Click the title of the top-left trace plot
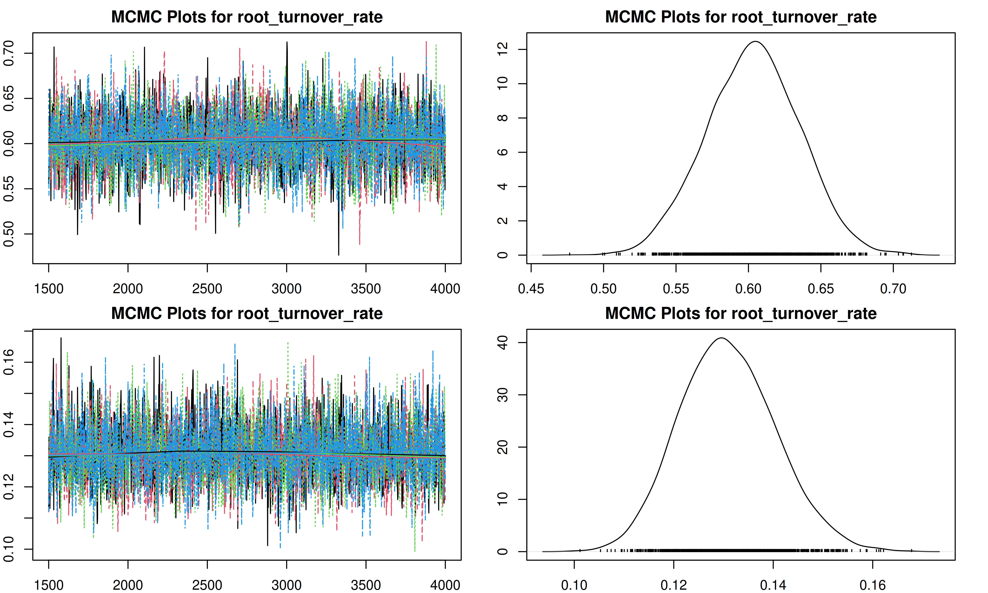[x=247, y=17]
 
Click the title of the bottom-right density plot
[x=741, y=314]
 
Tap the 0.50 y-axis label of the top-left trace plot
[x=9, y=234]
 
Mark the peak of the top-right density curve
[x=756, y=42]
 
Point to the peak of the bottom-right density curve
[x=722, y=338]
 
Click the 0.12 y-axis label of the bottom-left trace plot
[x=9, y=487]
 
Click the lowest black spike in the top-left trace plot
[x=339, y=254]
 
